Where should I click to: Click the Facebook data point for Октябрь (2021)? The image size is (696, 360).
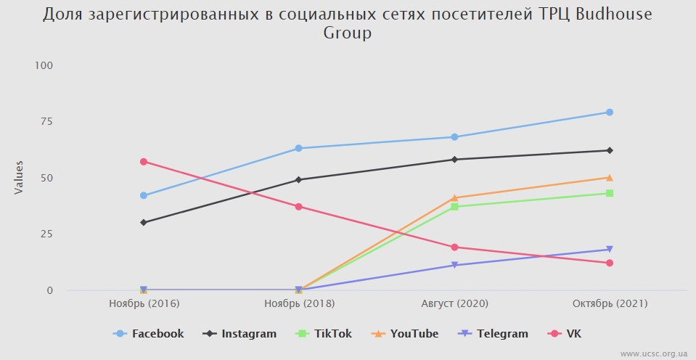[610, 112]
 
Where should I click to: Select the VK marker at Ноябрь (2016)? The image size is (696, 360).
[144, 162]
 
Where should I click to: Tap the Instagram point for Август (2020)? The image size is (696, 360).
[454, 160]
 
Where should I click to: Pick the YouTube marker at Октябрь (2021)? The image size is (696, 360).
[610, 178]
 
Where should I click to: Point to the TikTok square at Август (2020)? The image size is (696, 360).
[454, 207]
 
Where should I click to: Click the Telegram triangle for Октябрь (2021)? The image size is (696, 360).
[610, 250]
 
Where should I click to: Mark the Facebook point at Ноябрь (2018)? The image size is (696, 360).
[299, 148]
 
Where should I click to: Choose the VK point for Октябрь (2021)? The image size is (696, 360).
[610, 263]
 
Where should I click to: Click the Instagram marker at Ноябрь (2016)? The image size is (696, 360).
[144, 223]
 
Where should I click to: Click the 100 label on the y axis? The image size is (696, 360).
[44, 65]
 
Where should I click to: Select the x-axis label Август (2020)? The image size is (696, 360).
[454, 303]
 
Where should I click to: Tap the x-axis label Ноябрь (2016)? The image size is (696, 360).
[144, 303]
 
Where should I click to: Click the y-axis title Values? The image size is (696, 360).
[20, 178]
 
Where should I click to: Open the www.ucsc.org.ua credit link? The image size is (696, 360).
[653, 353]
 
